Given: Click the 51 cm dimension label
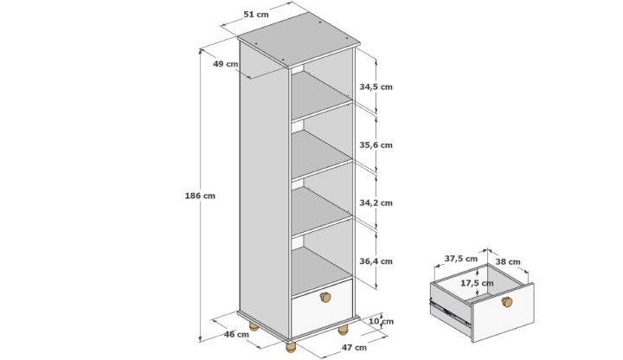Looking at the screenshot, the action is coord(256,15).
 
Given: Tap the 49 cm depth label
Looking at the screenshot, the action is coord(226,63).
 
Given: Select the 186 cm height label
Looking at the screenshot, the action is coord(200,196).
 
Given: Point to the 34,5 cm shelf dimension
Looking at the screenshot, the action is coord(376,87).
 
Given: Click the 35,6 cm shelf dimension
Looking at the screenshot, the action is coord(376,145).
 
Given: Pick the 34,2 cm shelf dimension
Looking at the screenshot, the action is coord(376,203).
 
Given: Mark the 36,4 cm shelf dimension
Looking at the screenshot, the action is coord(376,261).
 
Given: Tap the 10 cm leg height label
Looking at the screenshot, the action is coord(381,321).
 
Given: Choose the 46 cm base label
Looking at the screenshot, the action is coord(236,334).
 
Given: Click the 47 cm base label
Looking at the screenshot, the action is coord(354,347).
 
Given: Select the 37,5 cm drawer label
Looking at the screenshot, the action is coord(461,259).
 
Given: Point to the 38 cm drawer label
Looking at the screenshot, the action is coord(508,262).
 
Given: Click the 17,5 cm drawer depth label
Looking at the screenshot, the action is coord(477,283).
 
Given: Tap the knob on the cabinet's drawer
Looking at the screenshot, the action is coord(325,297).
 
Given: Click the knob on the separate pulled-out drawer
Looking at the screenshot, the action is coord(506,302).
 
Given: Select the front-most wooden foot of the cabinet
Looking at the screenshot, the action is coord(291,347).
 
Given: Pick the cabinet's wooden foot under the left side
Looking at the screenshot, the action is coord(254,327).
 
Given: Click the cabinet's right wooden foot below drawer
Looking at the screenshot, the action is coord(343,330).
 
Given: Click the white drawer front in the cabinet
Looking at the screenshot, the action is coord(322,308).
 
